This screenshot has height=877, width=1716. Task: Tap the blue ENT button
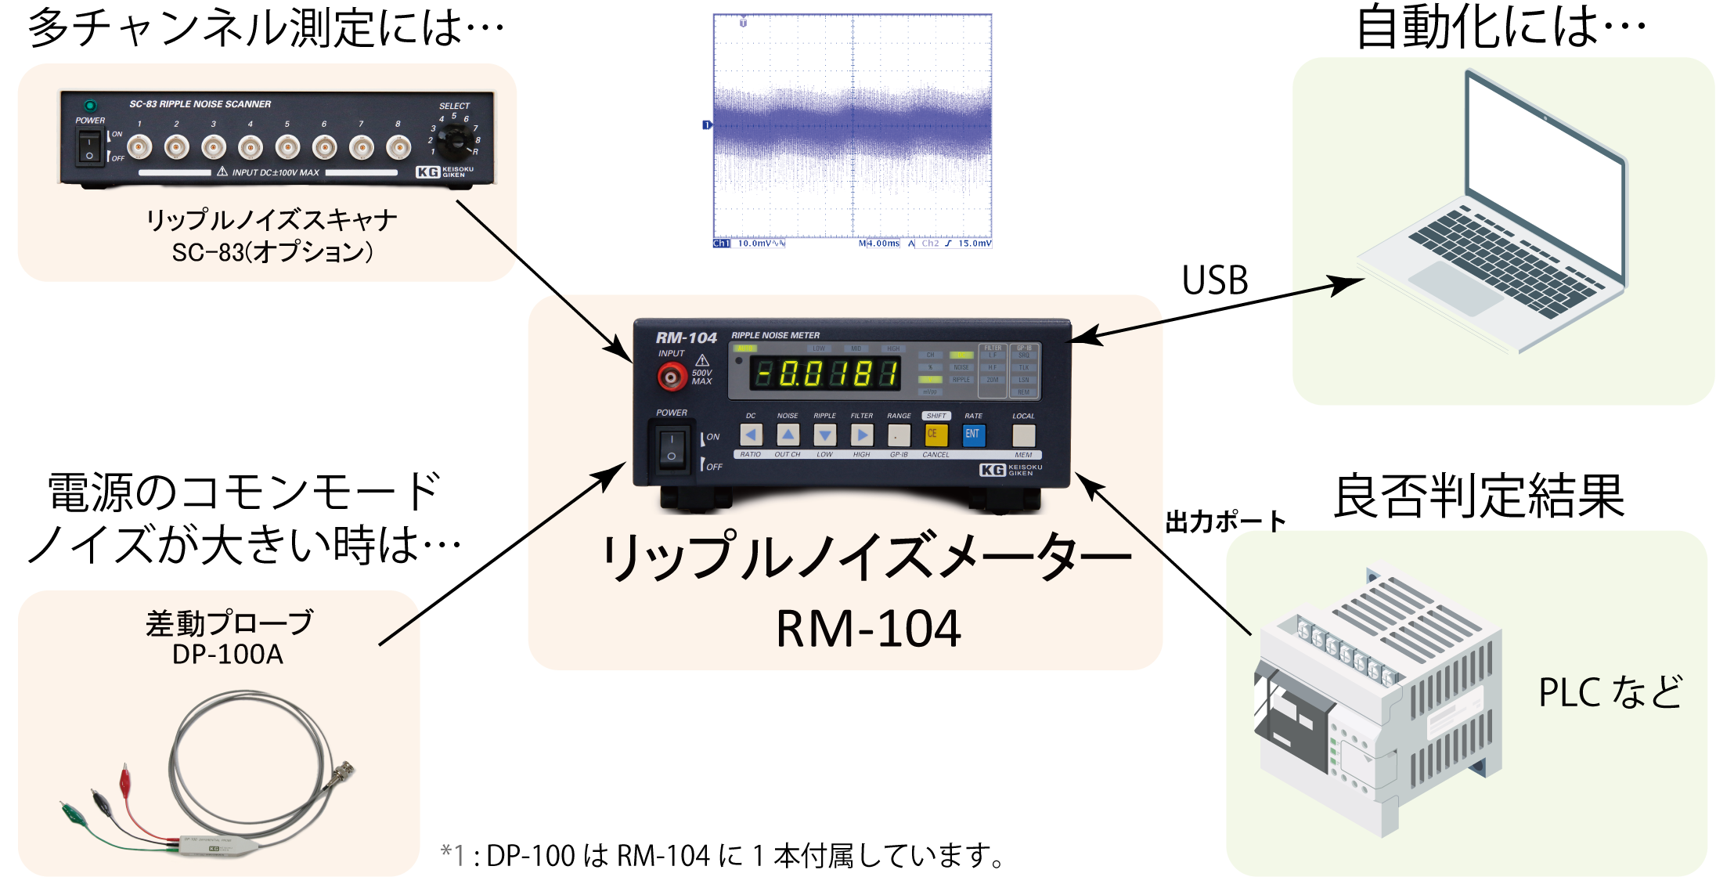[973, 435]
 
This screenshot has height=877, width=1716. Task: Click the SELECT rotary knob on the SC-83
[452, 141]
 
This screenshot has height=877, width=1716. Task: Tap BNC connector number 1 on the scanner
[139, 146]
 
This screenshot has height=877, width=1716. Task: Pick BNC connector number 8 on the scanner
[398, 146]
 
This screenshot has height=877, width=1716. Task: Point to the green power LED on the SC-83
[90, 105]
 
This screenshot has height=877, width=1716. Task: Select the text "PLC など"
[1610, 692]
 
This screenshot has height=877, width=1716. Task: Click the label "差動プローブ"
[229, 623]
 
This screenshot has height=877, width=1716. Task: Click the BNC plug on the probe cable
[345, 774]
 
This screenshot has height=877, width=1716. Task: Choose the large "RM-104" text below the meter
[868, 629]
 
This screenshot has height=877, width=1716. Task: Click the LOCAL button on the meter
[1023, 435]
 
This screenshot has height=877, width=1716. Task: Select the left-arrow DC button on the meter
[751, 435]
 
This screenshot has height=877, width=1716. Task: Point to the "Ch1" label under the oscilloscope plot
[721, 244]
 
